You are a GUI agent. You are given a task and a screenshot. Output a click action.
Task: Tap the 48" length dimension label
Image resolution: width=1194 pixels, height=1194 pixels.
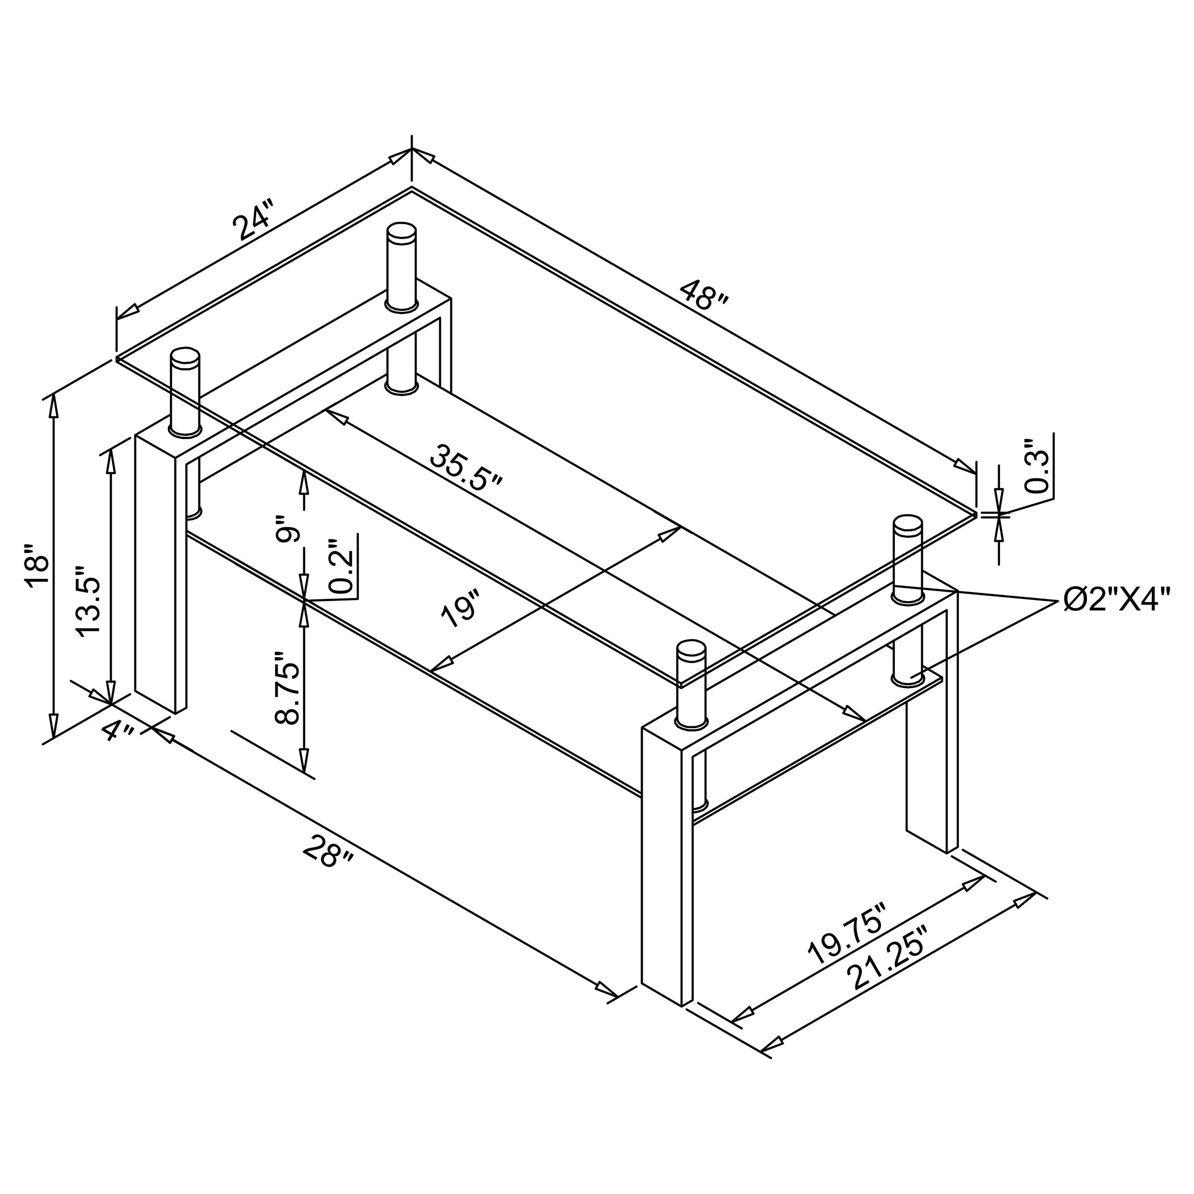pyautogui.click(x=704, y=296)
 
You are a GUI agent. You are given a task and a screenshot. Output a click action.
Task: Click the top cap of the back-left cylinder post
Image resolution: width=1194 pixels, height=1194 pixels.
pyautogui.click(x=401, y=233)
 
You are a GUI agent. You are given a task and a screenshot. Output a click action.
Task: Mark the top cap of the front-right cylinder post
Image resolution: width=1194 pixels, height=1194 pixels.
pyautogui.click(x=691, y=650)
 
